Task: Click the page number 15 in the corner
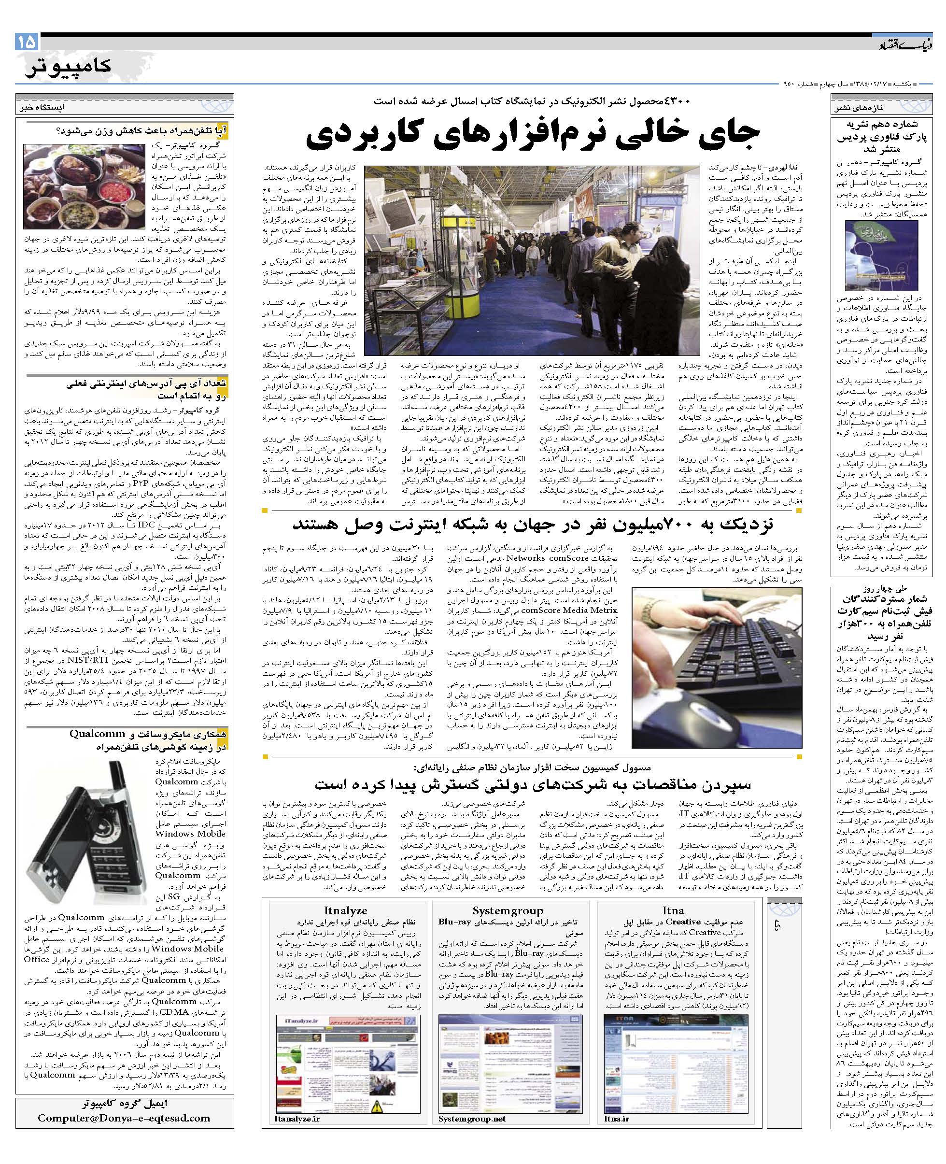point(27,42)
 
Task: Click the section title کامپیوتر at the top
point(68,66)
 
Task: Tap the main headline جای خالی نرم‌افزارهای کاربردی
point(531,137)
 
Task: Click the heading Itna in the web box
point(674,910)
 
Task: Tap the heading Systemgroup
point(508,910)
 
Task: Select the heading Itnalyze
point(345,910)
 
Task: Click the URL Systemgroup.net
point(472,1118)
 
